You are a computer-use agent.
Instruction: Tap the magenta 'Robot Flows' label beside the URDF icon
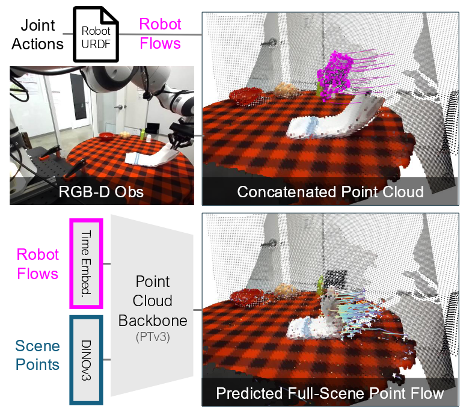pyautogui.click(x=160, y=33)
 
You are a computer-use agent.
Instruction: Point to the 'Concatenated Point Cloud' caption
pyautogui.click(x=330, y=192)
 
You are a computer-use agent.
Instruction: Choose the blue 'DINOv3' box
pyautogui.click(x=87, y=360)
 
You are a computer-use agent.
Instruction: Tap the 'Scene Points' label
pyautogui.click(x=37, y=355)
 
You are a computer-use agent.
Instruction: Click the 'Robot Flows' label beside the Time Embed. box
pyautogui.click(x=37, y=264)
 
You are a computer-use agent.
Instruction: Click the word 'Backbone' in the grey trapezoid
pyautogui.click(x=152, y=320)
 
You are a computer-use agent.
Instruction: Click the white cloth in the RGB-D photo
pyautogui.click(x=152, y=158)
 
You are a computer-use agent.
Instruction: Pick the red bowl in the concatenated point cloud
pyautogui.click(x=244, y=96)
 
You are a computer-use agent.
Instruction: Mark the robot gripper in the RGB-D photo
pyautogui.click(x=179, y=135)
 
